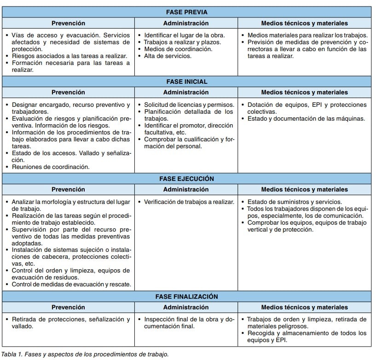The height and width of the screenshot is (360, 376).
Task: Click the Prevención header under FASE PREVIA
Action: click(68, 23)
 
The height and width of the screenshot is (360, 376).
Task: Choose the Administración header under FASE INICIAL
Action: click(185, 93)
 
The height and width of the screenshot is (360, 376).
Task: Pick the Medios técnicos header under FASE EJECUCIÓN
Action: click(304, 189)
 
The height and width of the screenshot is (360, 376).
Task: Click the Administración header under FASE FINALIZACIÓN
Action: click(185, 307)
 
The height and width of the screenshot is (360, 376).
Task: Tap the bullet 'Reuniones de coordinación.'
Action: click(51, 167)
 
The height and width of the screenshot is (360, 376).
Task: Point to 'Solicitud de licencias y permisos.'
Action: click(189, 105)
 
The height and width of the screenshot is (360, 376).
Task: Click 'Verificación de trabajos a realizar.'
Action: click(189, 202)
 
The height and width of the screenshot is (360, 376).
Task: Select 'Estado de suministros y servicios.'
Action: click(295, 202)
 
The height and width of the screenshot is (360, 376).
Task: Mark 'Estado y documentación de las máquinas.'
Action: click(306, 119)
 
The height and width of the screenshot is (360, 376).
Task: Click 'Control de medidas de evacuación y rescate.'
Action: click(71, 285)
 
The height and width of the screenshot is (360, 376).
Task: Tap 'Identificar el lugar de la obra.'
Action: click(184, 35)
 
